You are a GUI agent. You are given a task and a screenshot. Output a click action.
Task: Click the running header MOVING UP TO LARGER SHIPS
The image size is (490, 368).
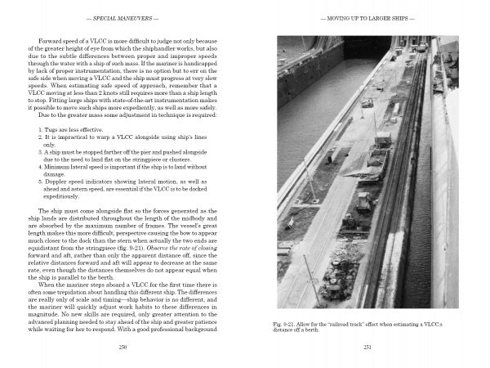click(363, 17)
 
